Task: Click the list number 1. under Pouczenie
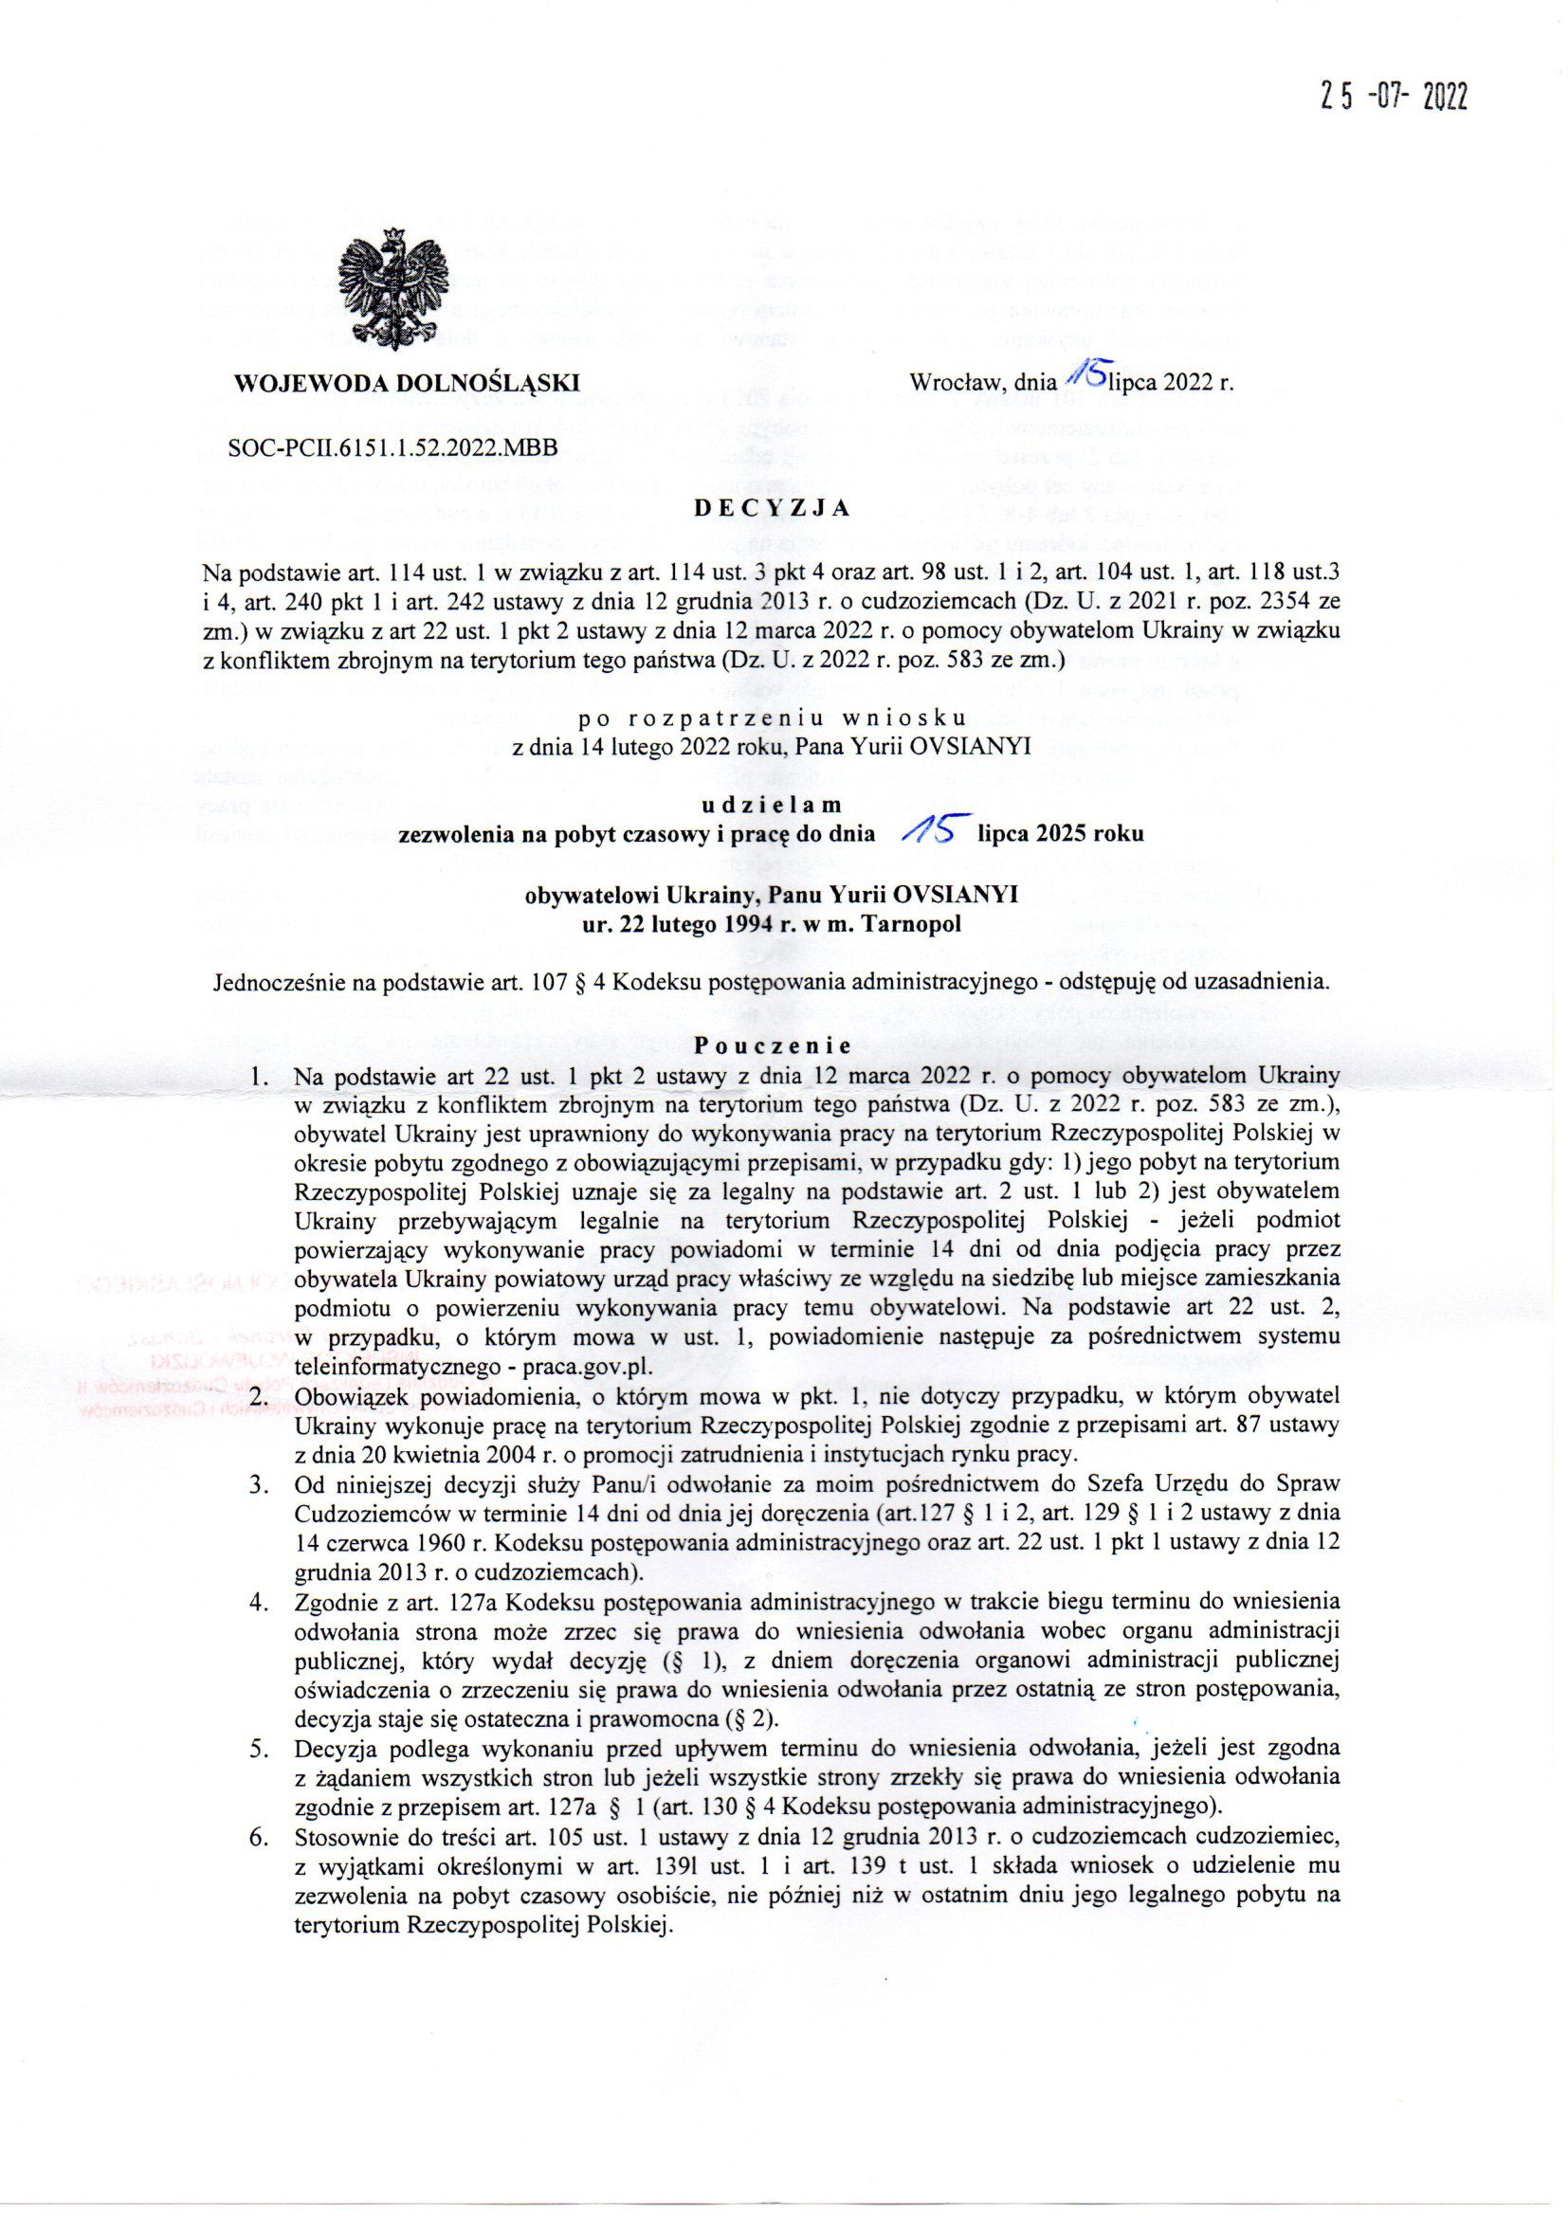click(x=260, y=1075)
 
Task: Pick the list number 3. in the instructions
click(x=260, y=1481)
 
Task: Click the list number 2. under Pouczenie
click(x=260, y=1396)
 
